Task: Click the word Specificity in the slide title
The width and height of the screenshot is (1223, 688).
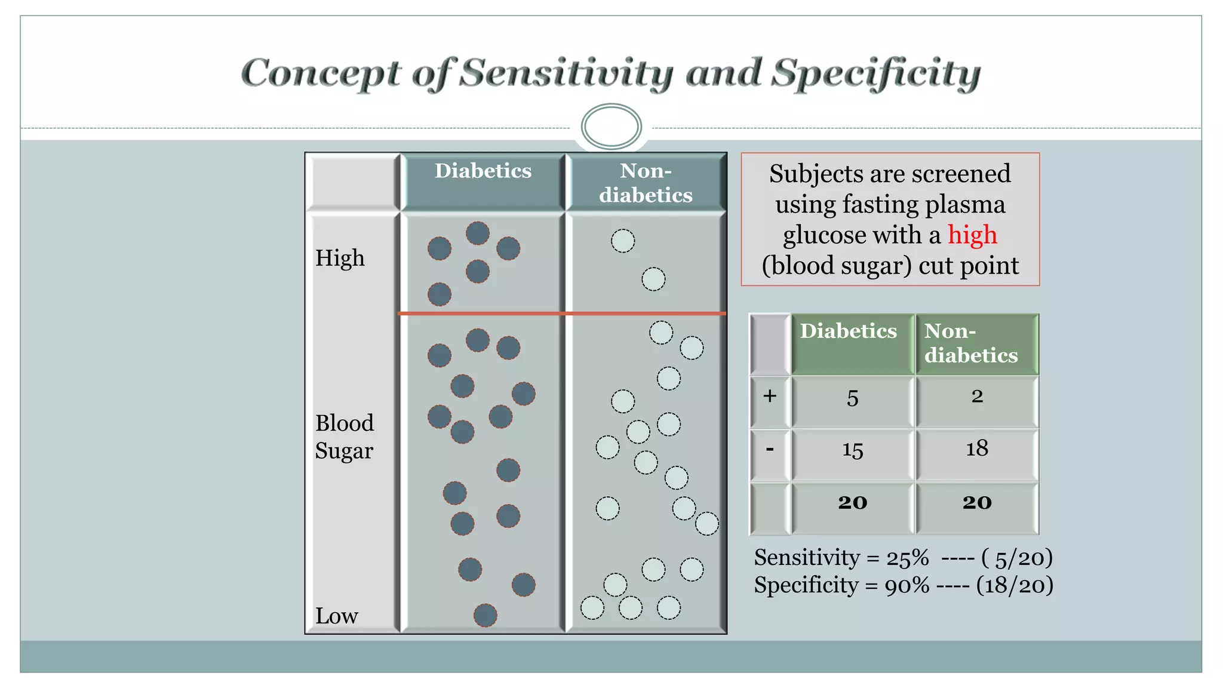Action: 875,73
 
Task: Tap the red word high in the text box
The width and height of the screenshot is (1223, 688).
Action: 972,235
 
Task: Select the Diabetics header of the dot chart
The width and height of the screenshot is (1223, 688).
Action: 483,171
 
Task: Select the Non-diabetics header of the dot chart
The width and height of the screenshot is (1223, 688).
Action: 646,183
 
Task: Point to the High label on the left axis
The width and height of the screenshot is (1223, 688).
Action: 340,258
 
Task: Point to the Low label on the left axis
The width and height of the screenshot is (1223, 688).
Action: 337,616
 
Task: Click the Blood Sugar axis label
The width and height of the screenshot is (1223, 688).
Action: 345,437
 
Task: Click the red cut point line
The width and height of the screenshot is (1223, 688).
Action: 561,313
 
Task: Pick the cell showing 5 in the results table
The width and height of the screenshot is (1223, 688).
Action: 853,398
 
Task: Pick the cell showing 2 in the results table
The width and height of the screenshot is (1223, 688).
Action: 977,397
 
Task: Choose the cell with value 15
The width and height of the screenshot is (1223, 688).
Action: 853,450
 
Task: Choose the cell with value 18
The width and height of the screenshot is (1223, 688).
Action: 977,449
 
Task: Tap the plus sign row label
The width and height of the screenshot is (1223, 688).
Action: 770,396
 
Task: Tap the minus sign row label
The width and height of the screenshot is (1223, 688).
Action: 770,449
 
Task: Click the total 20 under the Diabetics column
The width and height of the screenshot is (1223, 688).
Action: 853,503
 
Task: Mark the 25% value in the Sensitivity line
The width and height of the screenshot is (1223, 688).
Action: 907,558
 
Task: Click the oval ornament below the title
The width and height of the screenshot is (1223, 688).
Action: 611,126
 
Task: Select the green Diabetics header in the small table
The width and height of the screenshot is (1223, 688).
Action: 848,332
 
